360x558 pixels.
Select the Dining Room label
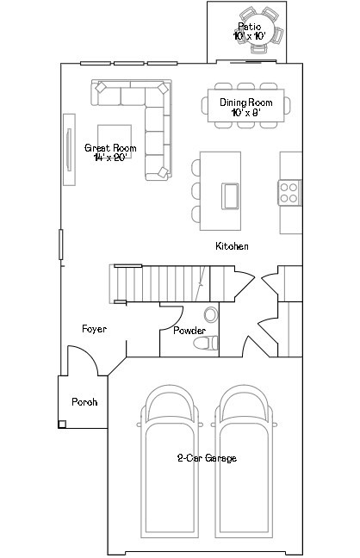click(245, 107)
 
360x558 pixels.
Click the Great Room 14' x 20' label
click(110, 152)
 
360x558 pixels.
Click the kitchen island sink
click(231, 195)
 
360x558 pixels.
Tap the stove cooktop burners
click(289, 192)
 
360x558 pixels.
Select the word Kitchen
click(232, 246)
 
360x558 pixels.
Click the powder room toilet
click(205, 344)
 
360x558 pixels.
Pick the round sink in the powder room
click(211, 315)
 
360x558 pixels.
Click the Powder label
click(189, 331)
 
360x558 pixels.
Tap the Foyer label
click(94, 329)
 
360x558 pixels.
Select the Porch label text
click(84, 401)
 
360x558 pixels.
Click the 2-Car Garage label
click(206, 458)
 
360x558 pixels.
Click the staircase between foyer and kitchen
click(159, 282)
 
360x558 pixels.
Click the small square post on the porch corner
click(62, 424)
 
